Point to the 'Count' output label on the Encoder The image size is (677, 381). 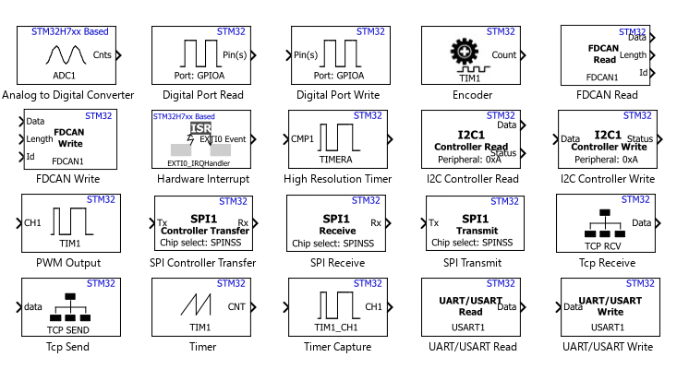[x=504, y=55]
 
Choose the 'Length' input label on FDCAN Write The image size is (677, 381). [x=41, y=139]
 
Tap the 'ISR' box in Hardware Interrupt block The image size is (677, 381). [x=200, y=128]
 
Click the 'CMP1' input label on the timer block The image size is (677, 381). [x=303, y=139]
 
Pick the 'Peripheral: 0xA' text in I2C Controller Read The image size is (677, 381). [x=470, y=160]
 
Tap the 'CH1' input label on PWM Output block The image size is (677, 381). [x=32, y=222]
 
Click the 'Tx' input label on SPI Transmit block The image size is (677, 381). [x=434, y=222]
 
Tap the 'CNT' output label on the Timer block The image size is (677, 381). [x=236, y=306]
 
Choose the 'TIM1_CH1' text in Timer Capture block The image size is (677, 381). [x=335, y=327]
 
